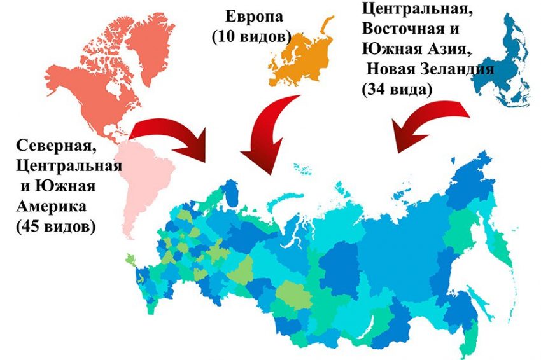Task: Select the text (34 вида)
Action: click(397, 90)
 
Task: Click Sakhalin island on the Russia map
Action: click(474, 299)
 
